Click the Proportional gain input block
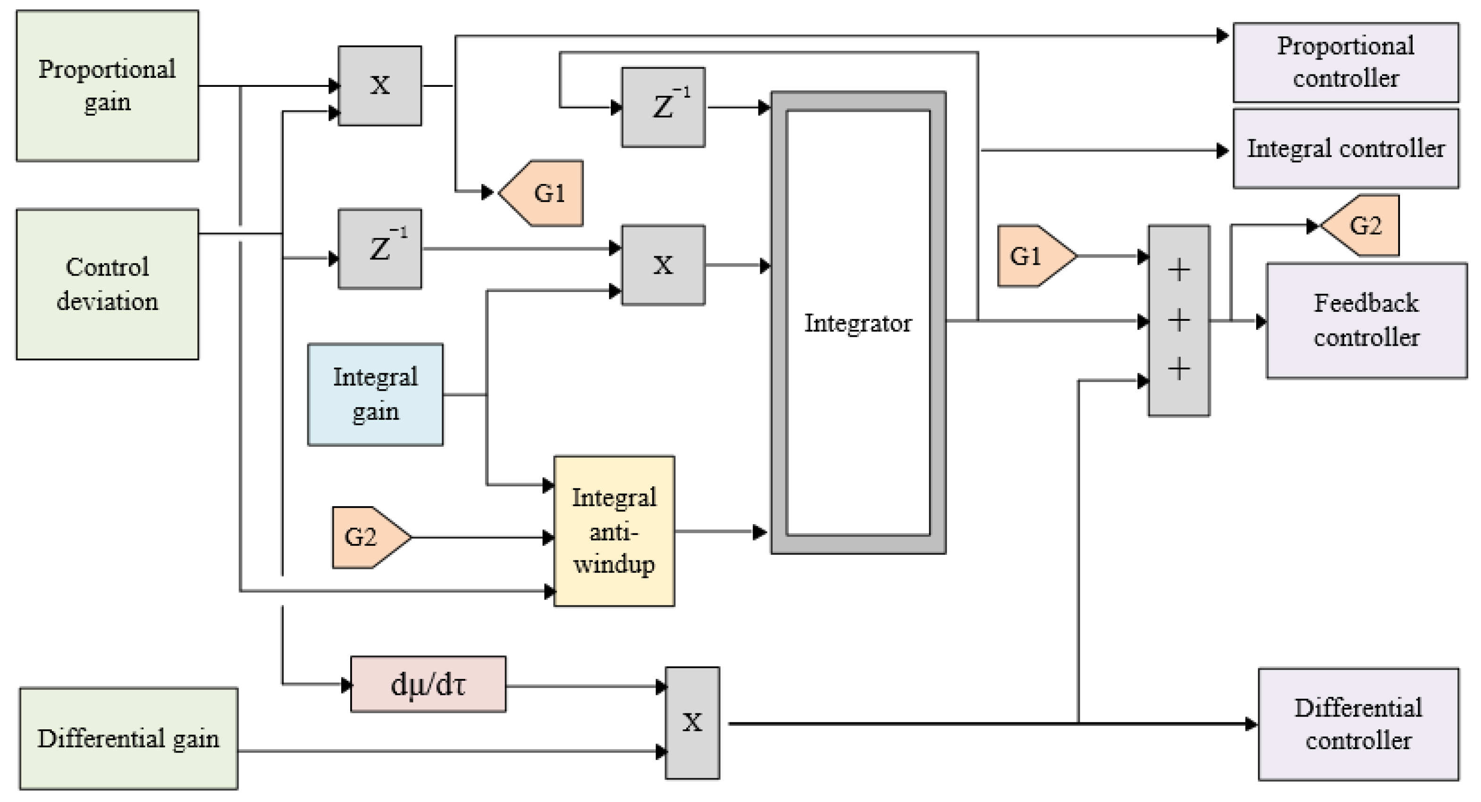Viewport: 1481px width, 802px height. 107,86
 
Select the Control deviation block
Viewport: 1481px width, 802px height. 107,284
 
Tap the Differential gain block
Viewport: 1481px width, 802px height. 128,739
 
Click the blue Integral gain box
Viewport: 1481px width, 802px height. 375,395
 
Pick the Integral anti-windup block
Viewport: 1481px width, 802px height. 614,531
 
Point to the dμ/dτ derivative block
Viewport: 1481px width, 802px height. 428,685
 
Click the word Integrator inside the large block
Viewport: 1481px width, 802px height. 858,323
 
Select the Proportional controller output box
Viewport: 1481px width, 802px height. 1346,62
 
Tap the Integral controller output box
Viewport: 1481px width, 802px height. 1346,149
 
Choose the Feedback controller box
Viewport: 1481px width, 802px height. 1366,320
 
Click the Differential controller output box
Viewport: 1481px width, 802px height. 1358,724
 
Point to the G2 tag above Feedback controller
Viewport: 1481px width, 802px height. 1363,226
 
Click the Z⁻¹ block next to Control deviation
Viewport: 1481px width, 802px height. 380,249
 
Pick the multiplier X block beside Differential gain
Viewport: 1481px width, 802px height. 692,723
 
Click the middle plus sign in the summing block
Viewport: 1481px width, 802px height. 1178,320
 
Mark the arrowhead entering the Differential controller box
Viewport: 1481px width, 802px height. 1251,724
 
